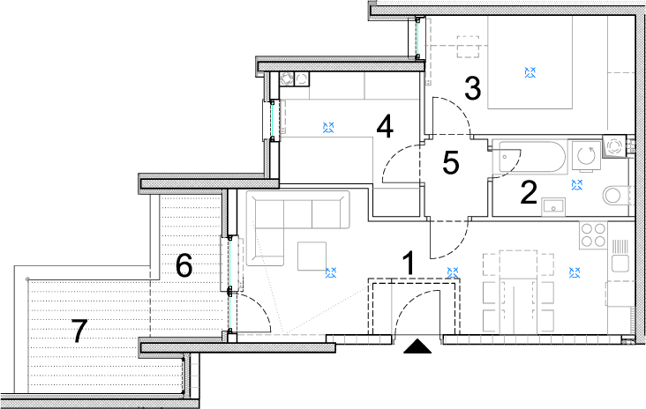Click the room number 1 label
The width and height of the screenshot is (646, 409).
point(409,264)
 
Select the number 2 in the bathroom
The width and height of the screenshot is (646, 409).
point(529,192)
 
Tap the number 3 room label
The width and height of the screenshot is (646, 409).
point(472,89)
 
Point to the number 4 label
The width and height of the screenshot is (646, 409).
point(385,127)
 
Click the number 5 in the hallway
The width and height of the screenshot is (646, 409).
point(451,162)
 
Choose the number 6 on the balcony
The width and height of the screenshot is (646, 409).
point(184,265)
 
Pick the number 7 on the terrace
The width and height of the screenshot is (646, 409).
point(79,331)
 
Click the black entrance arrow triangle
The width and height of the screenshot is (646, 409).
point(417,346)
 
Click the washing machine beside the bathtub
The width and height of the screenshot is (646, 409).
point(585,155)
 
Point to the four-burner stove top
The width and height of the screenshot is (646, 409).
point(594,235)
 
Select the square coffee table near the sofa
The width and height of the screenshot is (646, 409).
point(312,256)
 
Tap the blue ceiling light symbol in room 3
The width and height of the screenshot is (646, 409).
point(530,72)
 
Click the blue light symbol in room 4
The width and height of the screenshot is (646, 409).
point(328,127)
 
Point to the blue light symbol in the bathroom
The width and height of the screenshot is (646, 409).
point(577,185)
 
